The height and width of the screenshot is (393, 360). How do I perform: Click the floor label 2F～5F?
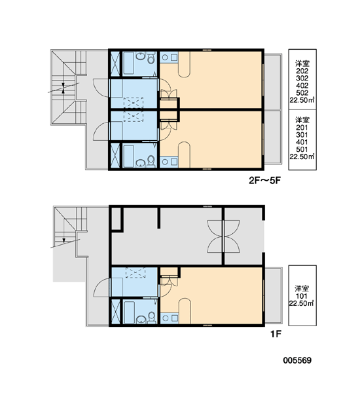(264, 181)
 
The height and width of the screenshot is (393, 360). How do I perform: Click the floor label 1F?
(276, 334)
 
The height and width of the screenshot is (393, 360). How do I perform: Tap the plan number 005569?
(297, 360)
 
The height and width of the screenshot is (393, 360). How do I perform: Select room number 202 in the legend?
(302, 71)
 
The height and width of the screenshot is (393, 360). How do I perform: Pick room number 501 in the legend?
(302, 149)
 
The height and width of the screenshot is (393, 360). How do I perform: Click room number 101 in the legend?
(301, 296)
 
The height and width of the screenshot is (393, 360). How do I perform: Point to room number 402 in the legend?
(302, 85)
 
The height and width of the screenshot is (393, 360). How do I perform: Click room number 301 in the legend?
(302, 135)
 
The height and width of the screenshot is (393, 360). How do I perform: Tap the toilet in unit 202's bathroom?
(151, 58)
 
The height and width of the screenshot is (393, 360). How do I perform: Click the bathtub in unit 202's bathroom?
(128, 63)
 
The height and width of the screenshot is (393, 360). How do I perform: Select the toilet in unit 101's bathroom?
(151, 318)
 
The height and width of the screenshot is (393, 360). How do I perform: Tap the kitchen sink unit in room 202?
(169, 57)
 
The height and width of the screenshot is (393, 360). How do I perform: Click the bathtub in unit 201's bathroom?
(128, 156)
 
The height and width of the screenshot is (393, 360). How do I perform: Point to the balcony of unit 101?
(273, 296)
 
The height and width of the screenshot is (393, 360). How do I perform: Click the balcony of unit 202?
(273, 81)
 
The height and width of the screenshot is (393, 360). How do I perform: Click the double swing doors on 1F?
(223, 236)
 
